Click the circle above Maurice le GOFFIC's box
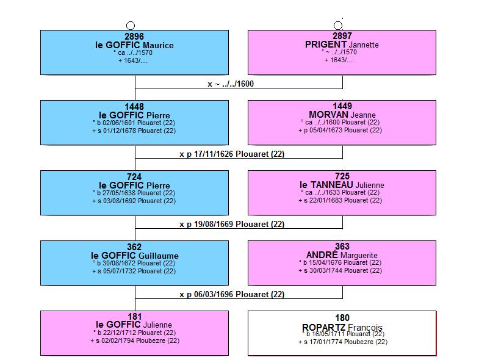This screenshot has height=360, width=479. (131, 26)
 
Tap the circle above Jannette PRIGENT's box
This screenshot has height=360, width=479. (338, 26)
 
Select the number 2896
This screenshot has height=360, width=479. (134, 37)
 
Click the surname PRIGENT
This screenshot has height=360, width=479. (326, 45)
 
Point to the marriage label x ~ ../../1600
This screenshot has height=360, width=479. (231, 84)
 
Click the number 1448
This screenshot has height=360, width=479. (134, 107)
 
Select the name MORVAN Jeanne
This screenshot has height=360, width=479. (342, 115)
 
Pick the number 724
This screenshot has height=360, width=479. (134, 177)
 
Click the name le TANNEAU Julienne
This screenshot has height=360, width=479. (342, 185)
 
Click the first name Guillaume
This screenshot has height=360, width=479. (158, 256)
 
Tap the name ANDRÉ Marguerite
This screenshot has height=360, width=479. (342, 255)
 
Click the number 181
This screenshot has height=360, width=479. (134, 317)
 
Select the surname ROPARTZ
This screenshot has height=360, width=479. (323, 327)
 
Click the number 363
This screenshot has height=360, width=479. (342, 247)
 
